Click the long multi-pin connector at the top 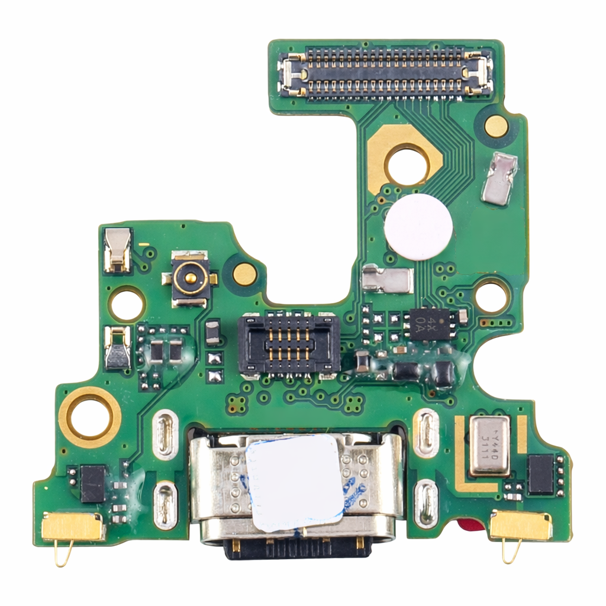pos(386,73)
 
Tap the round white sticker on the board pos(418,227)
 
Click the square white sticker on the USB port pos(295,482)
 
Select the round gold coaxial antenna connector pos(190,278)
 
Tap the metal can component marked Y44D pos(489,445)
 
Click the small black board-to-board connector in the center pos(288,345)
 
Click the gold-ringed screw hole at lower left pos(90,417)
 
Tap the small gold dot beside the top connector pos(496,126)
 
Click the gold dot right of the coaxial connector pos(244,273)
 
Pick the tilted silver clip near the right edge pos(499,179)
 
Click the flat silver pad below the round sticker pos(387,279)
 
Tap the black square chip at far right pos(540,474)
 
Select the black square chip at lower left pos(93,483)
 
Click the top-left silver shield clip pos(118,250)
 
